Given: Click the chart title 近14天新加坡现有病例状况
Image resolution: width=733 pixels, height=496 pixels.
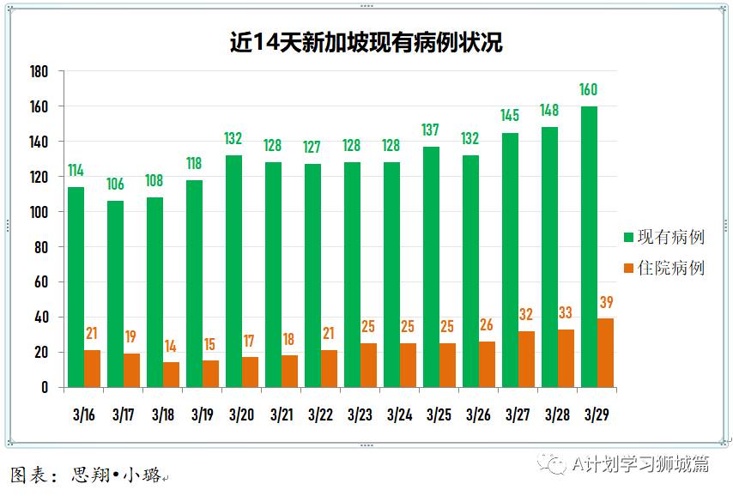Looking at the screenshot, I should click(366, 42).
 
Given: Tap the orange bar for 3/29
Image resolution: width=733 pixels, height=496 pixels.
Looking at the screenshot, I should click(605, 353).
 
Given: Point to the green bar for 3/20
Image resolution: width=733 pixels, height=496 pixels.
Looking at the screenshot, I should click(233, 271).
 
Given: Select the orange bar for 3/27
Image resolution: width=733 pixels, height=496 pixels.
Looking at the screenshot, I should click(526, 359).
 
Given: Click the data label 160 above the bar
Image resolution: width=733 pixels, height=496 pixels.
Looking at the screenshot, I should click(588, 90).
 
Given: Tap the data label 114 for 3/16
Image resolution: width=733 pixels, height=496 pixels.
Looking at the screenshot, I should click(76, 171).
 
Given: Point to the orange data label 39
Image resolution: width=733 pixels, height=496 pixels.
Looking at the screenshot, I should click(606, 302).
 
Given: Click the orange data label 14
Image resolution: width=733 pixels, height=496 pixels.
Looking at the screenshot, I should click(171, 347).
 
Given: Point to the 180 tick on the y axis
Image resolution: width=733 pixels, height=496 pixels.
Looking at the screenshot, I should click(39, 71).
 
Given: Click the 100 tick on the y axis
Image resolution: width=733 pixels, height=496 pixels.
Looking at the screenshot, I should click(39, 212).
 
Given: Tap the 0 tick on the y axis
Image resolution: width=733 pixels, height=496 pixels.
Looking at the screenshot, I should click(45, 387).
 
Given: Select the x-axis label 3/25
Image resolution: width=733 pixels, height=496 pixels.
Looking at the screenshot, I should click(439, 414).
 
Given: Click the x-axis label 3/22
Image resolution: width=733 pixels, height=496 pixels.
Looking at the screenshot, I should click(320, 414).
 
